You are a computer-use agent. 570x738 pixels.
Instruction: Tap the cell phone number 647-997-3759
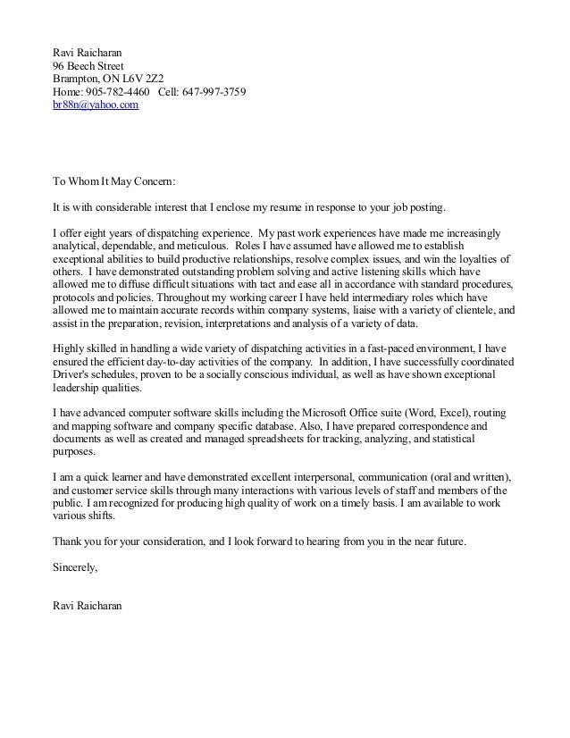pos(214,92)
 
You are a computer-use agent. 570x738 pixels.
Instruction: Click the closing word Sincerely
pos(75,567)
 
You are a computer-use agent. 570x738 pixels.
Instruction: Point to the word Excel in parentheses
pos(463,414)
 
